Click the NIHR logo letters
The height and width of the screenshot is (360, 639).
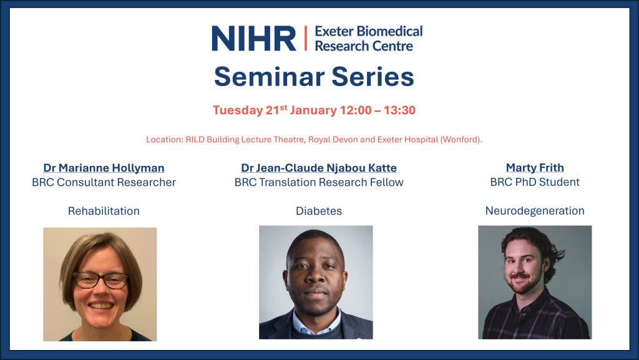(254, 38)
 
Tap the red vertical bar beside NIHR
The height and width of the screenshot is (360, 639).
(306, 38)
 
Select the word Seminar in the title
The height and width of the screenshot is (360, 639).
(268, 77)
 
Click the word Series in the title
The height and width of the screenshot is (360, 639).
(373, 77)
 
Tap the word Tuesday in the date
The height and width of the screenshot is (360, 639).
(238, 111)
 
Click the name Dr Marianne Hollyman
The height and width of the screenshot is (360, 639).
(104, 168)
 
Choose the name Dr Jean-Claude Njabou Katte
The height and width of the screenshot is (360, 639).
(319, 168)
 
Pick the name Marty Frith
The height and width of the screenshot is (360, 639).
(535, 167)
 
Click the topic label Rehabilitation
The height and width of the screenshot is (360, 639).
(104, 211)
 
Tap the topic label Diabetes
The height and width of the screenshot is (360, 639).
(319, 211)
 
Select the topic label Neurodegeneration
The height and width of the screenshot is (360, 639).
(535, 211)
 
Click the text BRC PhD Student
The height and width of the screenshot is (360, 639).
(535, 182)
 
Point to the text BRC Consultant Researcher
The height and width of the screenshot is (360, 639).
(104, 182)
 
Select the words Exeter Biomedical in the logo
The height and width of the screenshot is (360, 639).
(369, 31)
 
